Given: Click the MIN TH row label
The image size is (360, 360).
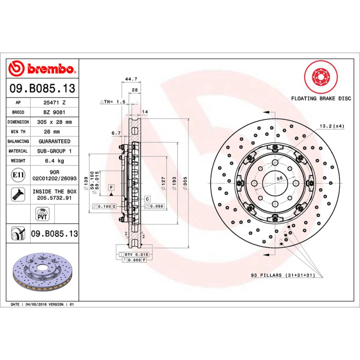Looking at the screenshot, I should [x=18, y=132].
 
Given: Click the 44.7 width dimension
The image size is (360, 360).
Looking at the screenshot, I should [x=131, y=79].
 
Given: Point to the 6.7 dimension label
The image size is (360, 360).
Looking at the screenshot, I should [x=116, y=133].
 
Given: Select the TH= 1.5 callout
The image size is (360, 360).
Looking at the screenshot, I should [x=113, y=102].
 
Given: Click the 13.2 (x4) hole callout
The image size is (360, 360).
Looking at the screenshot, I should [x=332, y=126].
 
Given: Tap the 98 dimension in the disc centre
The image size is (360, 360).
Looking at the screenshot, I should [x=279, y=179].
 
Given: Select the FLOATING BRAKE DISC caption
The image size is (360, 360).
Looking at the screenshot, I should [x=320, y=98].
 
